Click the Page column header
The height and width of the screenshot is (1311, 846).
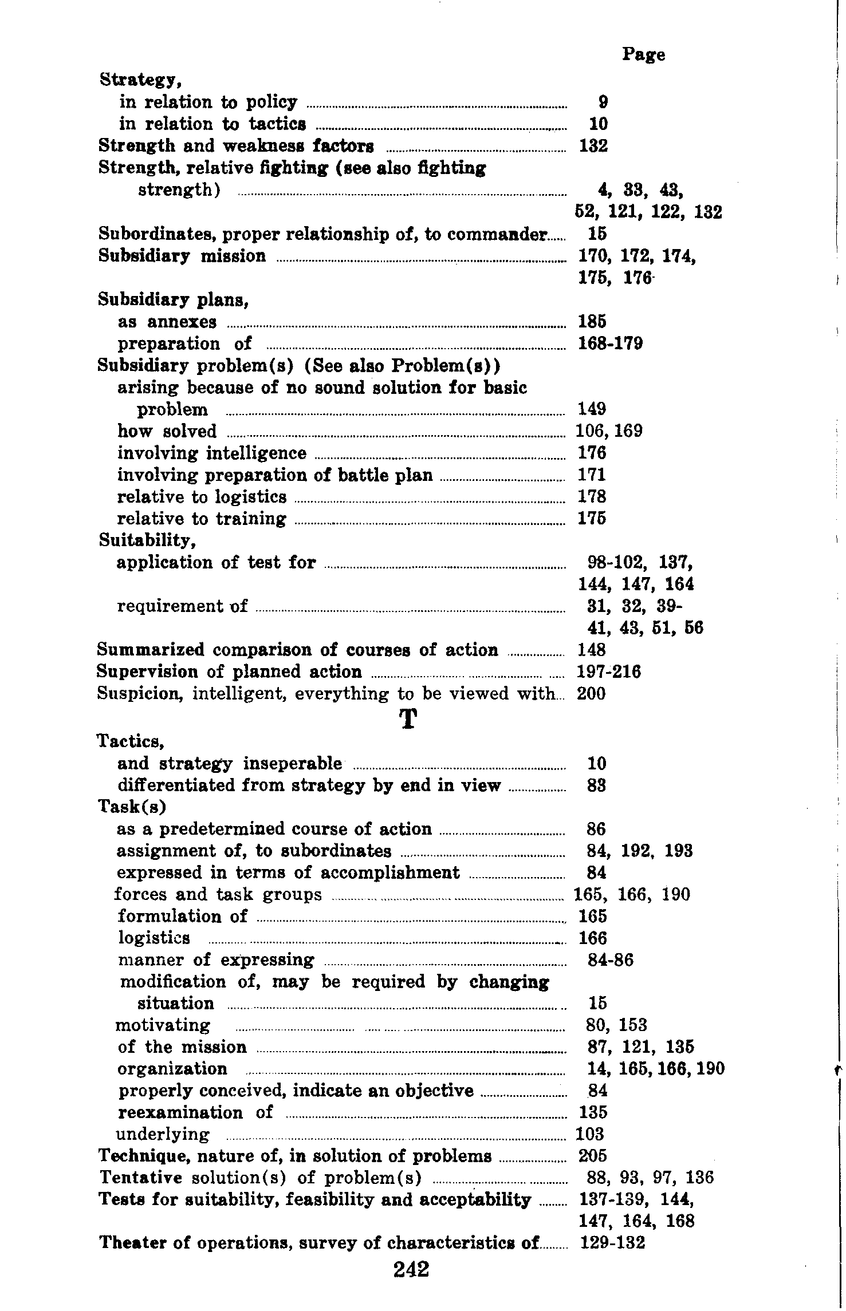(643, 55)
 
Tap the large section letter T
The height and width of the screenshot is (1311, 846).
(407, 719)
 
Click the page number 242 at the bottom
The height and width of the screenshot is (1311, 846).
(411, 1269)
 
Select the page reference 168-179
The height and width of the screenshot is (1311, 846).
(611, 343)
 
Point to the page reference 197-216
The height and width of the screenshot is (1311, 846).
(609, 672)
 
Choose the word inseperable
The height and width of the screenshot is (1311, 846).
(293, 764)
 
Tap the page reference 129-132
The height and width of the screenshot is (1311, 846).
(612, 1243)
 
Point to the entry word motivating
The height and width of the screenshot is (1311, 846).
(163, 1025)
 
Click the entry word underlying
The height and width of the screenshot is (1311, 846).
(163, 1134)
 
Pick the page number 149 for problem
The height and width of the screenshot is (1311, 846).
(592, 409)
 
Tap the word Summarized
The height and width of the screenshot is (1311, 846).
(151, 650)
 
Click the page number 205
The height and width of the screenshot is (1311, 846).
(593, 1156)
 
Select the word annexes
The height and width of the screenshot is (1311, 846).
(182, 322)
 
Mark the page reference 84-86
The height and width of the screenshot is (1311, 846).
(611, 960)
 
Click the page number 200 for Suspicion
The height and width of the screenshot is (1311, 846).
(592, 694)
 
